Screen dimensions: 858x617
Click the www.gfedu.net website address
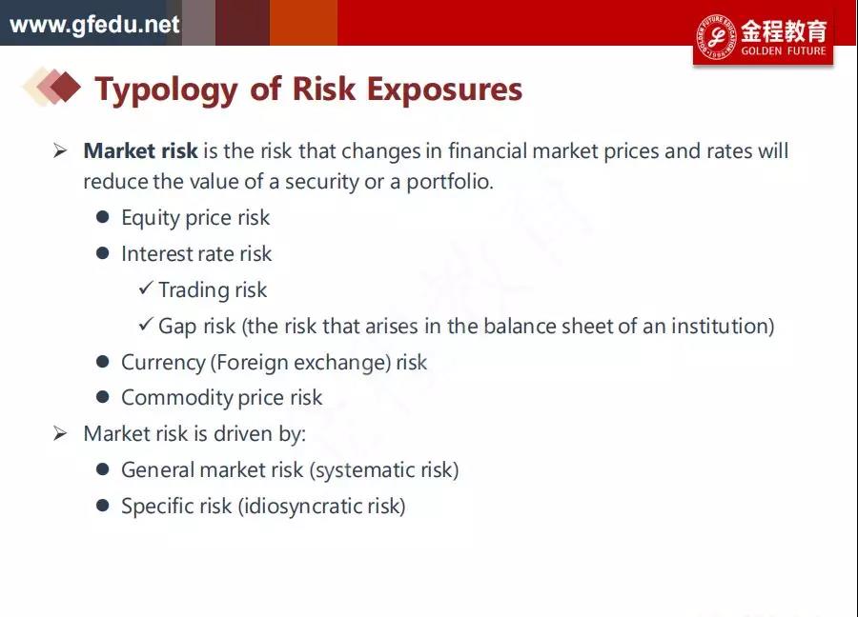point(94,25)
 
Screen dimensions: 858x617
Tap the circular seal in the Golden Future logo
point(716,37)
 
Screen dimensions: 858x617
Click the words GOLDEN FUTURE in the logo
point(784,50)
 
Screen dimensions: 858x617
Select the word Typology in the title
point(166,90)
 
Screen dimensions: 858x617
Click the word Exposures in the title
point(444,90)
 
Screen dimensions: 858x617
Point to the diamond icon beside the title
point(52,87)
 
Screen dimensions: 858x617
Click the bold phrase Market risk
point(141,150)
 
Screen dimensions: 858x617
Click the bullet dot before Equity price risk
point(102,217)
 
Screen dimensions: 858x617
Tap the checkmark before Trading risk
point(146,288)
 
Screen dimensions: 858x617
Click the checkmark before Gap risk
point(146,324)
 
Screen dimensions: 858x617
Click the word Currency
point(163,363)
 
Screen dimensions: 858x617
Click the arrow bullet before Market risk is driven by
point(60,434)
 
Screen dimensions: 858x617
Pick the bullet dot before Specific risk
point(102,505)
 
